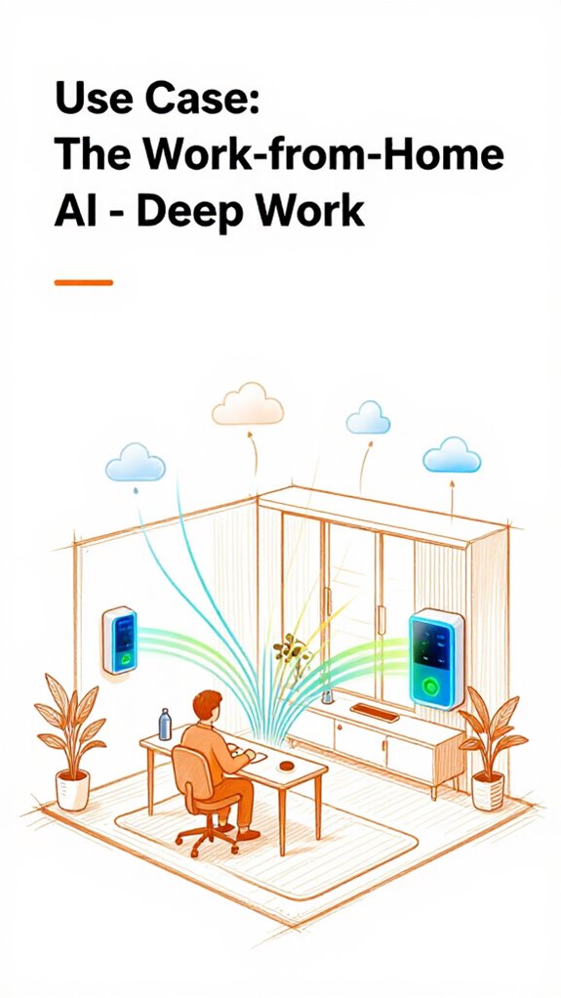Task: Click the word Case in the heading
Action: tap(202, 98)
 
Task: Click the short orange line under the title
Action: tap(83, 282)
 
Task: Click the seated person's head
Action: tap(207, 706)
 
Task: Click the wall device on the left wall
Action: tap(120, 640)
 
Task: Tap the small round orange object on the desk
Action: tap(287, 766)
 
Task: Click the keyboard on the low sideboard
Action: tap(375, 712)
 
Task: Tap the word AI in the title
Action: tap(76, 212)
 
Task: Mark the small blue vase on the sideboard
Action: tap(327, 694)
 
